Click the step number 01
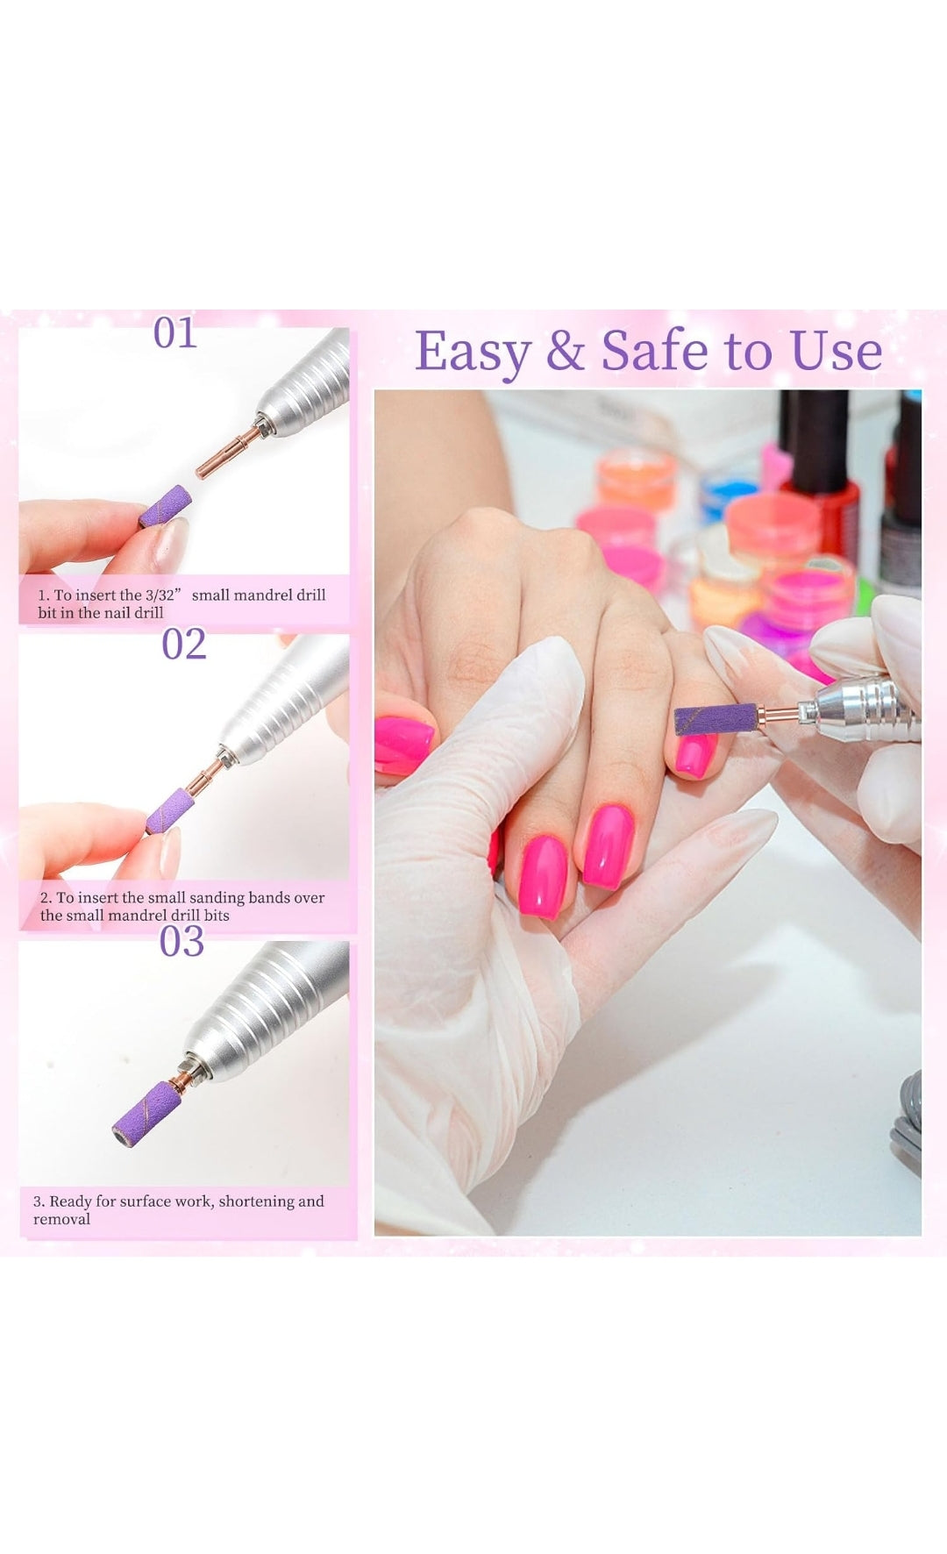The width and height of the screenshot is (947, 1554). tap(175, 333)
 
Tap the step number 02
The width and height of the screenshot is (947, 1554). tap(184, 645)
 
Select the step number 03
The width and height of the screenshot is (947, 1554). tap(182, 941)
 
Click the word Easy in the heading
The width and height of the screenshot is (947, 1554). tap(472, 352)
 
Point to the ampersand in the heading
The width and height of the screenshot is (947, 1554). tap(565, 352)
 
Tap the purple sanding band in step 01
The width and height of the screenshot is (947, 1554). tap(166, 506)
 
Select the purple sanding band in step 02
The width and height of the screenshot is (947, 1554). tap(170, 810)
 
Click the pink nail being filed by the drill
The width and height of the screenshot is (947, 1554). tap(694, 755)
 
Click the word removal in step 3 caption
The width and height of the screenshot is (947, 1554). tap(61, 1219)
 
